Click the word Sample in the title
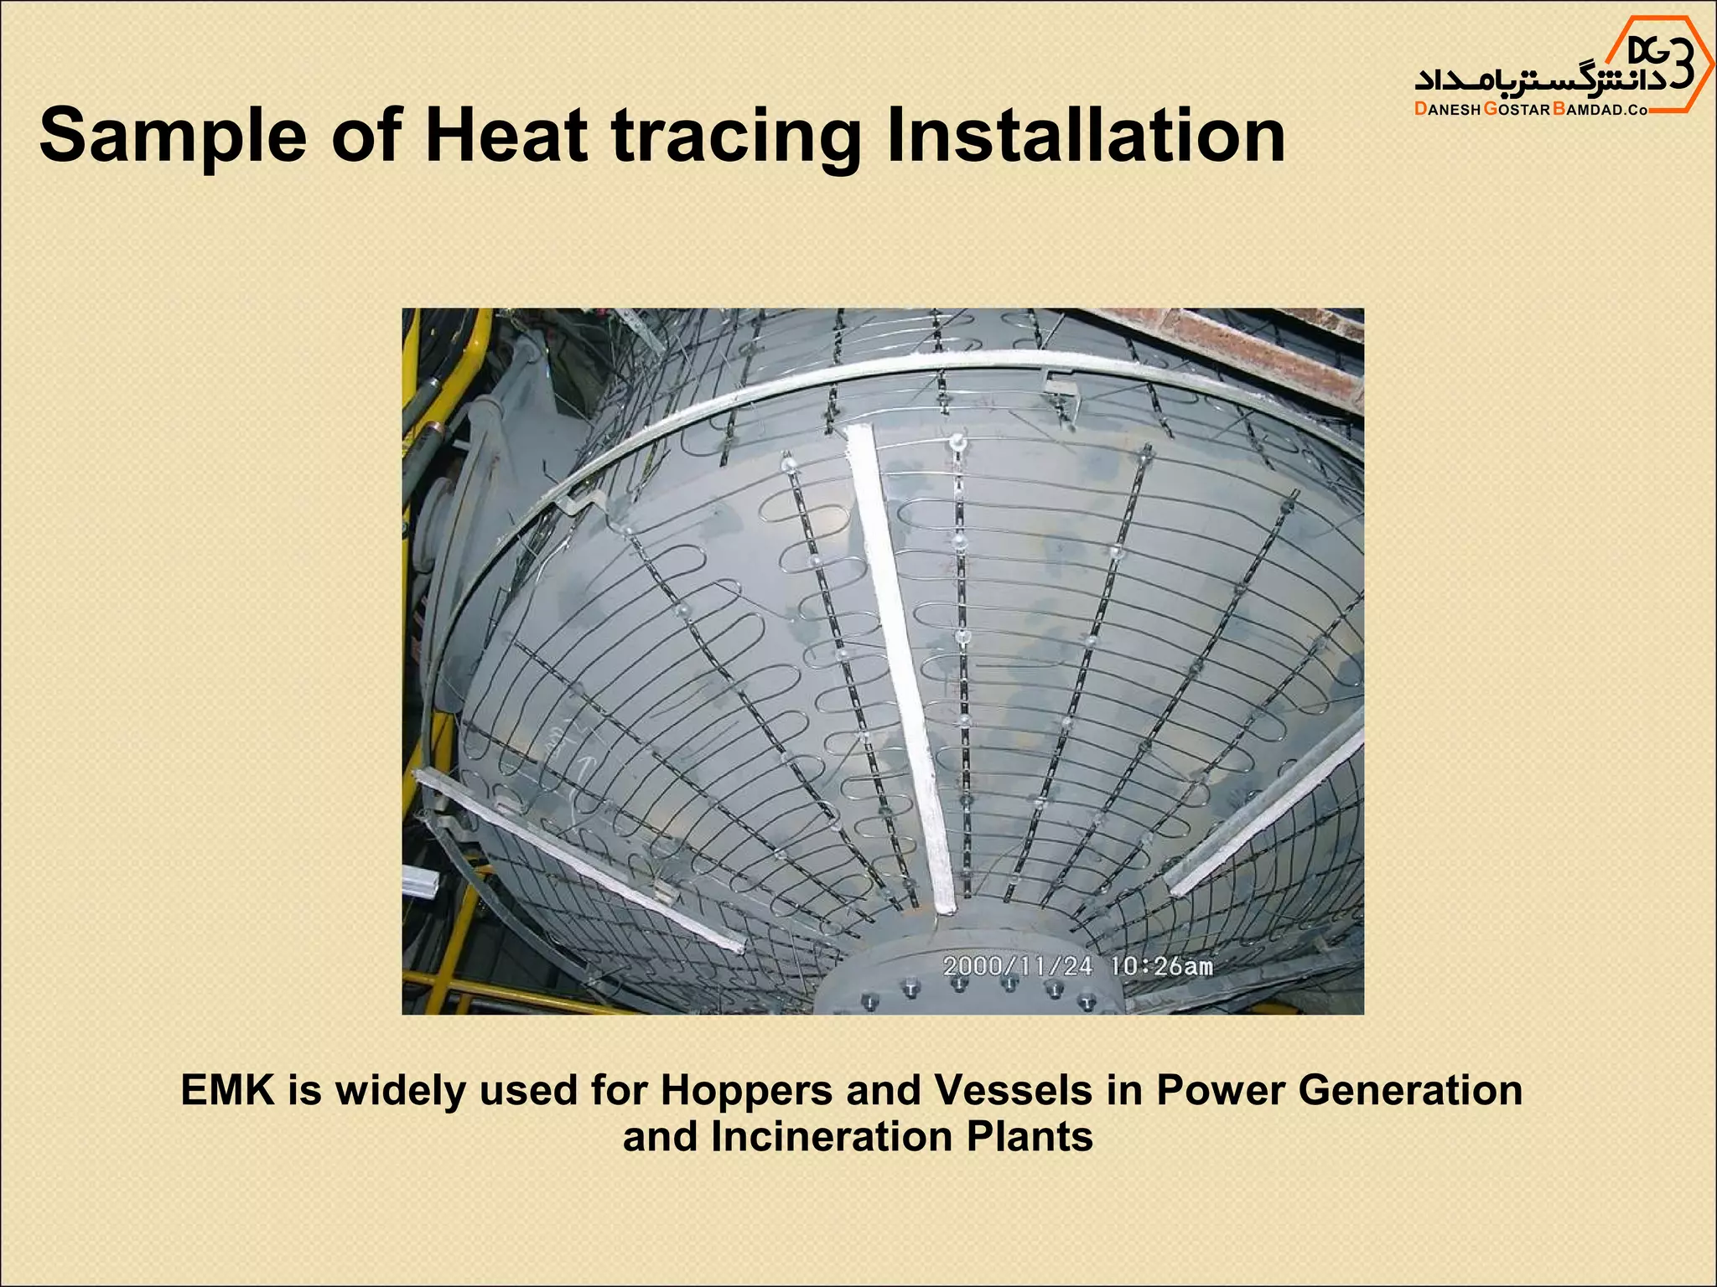pos(173,137)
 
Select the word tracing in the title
pos(736,137)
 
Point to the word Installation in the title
pos(1085,137)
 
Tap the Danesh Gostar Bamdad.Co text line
pos(1531,110)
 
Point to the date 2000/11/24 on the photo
pos(1017,966)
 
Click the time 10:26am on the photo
pos(1161,966)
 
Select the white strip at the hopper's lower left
pos(578,859)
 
